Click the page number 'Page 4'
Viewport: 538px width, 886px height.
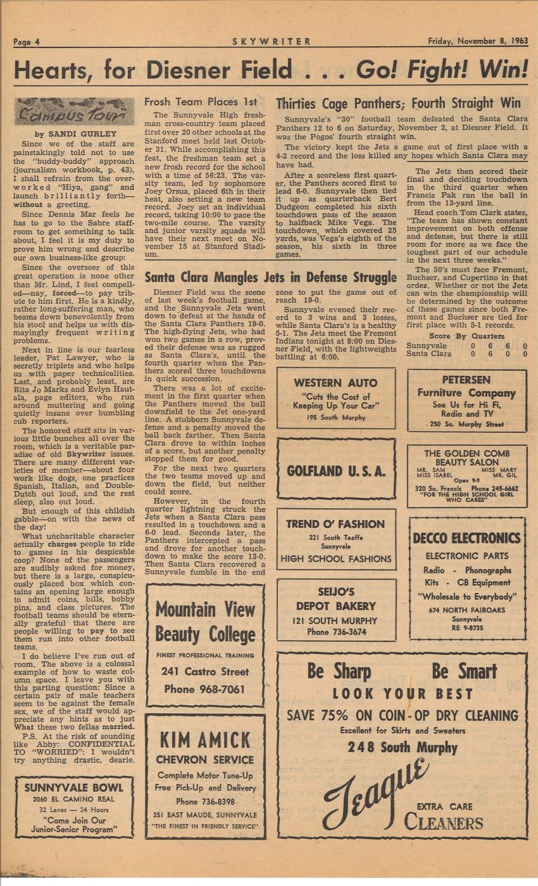coord(27,42)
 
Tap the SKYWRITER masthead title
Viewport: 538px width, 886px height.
coord(272,42)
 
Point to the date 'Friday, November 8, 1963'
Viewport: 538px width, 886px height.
coord(477,41)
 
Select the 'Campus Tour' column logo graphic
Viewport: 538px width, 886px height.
coord(66,112)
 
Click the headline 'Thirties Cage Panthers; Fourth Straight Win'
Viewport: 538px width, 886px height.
coord(398,103)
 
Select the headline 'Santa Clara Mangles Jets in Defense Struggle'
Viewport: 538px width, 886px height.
coord(270,277)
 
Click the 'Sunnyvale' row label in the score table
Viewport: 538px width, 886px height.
coord(427,346)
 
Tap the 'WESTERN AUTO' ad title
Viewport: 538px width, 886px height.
coord(335,383)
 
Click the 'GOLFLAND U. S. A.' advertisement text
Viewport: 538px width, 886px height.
coord(335,471)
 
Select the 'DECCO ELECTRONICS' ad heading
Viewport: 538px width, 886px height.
coord(466,539)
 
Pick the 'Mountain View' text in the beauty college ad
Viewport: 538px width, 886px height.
coord(205,609)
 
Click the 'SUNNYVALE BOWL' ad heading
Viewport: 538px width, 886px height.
coord(74,788)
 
